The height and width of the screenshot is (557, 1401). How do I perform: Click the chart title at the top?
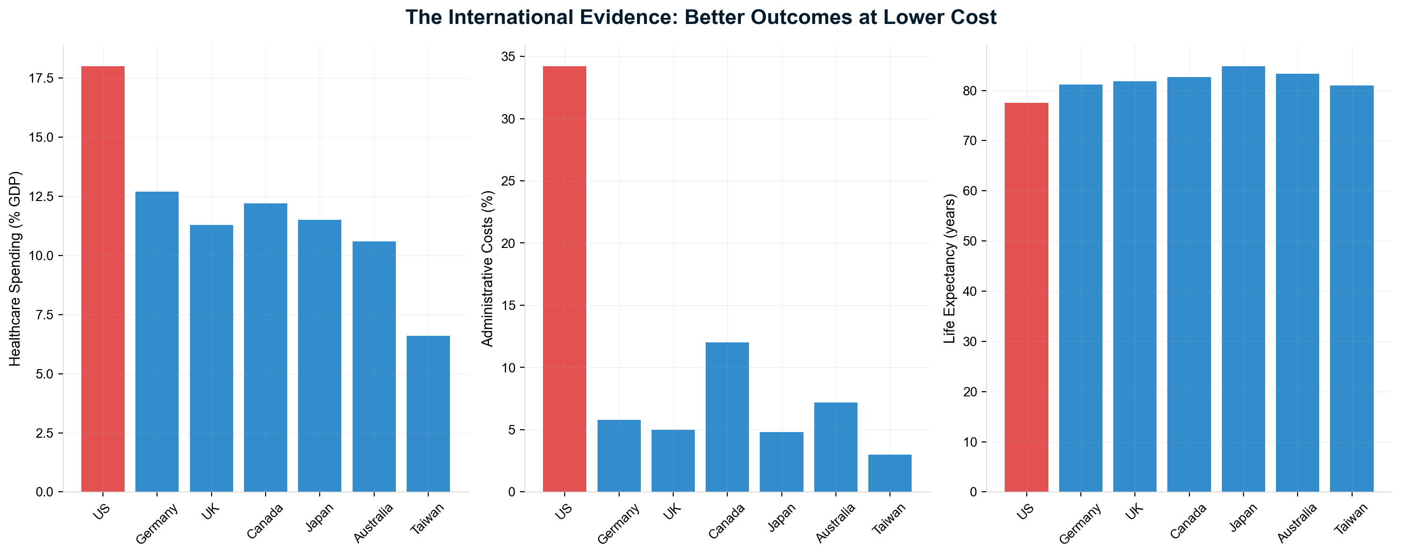(x=700, y=17)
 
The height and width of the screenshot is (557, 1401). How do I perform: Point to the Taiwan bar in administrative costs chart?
(x=890, y=473)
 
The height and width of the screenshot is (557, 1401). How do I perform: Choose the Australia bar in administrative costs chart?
(x=835, y=447)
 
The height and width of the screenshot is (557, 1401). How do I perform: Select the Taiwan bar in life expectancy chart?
(x=1352, y=288)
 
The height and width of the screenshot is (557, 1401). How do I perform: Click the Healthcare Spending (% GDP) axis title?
(x=15, y=269)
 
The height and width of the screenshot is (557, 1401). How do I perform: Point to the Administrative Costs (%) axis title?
(x=488, y=269)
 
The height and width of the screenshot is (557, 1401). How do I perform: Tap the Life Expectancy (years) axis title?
(x=950, y=269)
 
